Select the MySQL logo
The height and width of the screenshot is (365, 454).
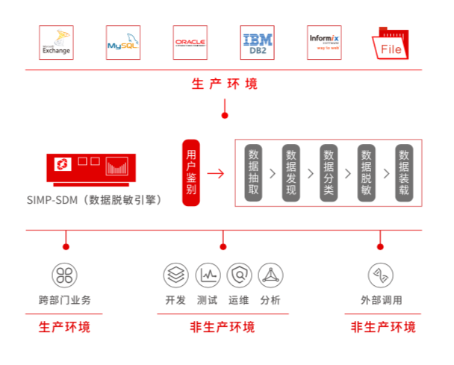123,43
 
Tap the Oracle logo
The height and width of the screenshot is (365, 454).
190,43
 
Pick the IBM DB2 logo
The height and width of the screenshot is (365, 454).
257,43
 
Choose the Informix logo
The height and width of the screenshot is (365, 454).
325,43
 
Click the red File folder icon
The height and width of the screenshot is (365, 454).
393,44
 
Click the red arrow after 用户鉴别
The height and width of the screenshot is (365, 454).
216,174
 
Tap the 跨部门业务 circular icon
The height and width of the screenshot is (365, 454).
65,275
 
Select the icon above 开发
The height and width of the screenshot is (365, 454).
175,275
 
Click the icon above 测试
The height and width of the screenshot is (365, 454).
208,275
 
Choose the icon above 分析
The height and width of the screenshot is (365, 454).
270,275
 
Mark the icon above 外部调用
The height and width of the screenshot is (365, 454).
381,275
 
